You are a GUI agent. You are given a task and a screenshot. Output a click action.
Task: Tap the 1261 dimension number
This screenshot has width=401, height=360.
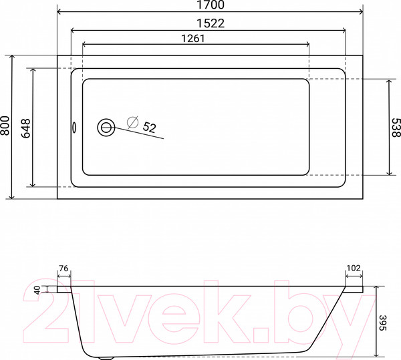click(192, 38)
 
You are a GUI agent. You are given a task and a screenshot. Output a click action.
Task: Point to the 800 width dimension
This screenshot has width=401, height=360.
click(6, 127)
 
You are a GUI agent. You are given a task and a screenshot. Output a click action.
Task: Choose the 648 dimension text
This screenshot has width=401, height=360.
click(26, 127)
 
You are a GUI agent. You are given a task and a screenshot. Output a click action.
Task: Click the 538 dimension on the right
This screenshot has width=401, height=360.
click(395, 128)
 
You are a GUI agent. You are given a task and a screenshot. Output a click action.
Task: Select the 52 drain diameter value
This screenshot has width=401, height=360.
click(150, 127)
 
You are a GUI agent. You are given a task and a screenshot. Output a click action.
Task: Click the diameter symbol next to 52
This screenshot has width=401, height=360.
click(132, 122)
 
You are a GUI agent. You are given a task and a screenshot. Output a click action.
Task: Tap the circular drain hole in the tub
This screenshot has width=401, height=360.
click(106, 127)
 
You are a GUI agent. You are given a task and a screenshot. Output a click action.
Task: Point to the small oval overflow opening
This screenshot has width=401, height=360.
click(74, 127)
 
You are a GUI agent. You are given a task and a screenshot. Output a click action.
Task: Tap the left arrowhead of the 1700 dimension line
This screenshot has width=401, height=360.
click(59, 13)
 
